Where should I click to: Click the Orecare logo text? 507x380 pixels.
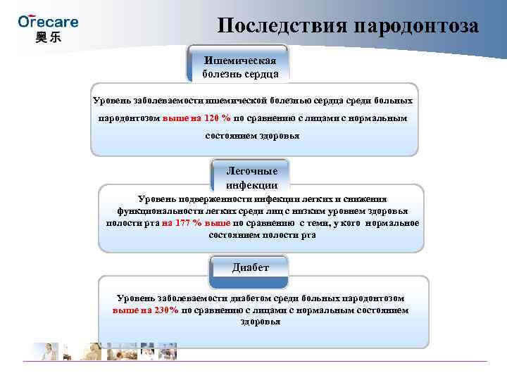(x=48, y=21)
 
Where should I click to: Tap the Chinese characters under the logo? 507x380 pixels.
(x=48, y=37)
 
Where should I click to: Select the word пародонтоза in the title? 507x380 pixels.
(x=417, y=26)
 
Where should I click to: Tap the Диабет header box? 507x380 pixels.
(x=251, y=268)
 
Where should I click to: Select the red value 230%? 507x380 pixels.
(x=163, y=310)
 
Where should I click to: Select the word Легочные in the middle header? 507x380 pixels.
(x=251, y=172)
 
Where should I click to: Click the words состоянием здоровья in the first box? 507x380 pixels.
(x=252, y=135)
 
